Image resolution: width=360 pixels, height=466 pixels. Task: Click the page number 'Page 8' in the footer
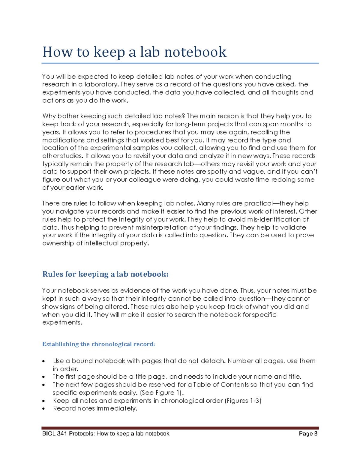coord(308,434)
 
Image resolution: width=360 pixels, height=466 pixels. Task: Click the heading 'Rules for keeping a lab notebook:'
coord(105,274)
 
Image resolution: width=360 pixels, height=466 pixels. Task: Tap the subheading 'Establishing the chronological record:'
coord(98,344)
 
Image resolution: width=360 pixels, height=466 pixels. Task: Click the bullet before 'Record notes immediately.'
coord(44,409)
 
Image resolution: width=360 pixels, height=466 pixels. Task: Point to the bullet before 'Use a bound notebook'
coord(44,361)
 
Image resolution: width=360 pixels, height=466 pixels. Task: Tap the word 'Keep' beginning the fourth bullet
coord(59,401)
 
